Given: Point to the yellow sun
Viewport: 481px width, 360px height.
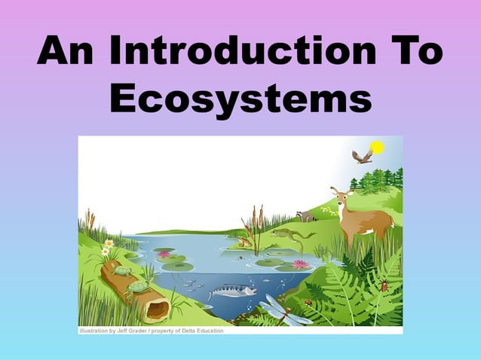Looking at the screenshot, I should (x=377, y=147).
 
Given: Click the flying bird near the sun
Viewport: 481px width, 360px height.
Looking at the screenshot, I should (x=362, y=157).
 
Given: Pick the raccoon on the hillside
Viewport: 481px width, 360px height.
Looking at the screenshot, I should (x=305, y=217).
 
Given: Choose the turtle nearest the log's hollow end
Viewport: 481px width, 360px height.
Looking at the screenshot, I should (x=138, y=286).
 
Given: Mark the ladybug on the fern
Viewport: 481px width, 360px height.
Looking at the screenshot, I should (x=308, y=302).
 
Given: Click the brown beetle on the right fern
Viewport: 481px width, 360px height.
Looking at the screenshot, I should (x=384, y=285).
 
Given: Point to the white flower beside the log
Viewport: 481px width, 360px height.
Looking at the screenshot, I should (x=109, y=243).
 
